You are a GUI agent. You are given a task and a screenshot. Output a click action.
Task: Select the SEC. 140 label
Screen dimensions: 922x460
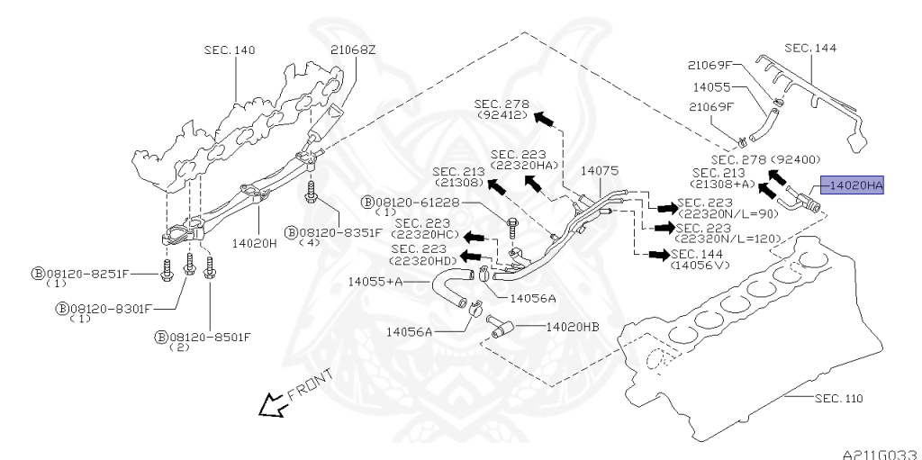(x=230, y=50)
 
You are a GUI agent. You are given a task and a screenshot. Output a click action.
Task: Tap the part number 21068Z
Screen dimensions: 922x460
(x=352, y=50)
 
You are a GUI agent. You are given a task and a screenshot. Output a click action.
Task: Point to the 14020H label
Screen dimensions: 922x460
(x=254, y=242)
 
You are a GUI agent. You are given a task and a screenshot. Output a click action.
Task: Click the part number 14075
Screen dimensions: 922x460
(x=599, y=171)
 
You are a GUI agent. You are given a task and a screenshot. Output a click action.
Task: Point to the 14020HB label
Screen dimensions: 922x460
(x=573, y=327)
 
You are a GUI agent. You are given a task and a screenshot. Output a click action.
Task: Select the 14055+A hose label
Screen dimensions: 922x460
(x=375, y=282)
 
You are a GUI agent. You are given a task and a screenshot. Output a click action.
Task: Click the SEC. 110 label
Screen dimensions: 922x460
(x=839, y=398)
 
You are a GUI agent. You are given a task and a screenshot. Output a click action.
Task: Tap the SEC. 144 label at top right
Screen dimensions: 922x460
(x=810, y=48)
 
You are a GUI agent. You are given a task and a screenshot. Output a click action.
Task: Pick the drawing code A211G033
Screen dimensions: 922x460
(x=881, y=454)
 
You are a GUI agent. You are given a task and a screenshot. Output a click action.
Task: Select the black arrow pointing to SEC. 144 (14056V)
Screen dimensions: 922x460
(x=658, y=255)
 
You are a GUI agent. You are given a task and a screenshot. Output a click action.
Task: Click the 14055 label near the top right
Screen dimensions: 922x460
(x=711, y=87)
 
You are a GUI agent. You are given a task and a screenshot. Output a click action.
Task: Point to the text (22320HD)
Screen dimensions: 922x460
(x=423, y=260)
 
